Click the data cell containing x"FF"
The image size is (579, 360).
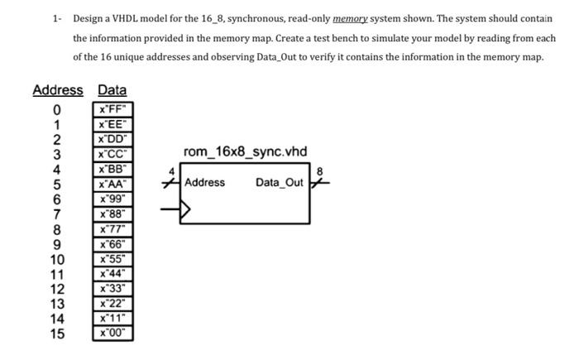pyautogui.click(x=112, y=108)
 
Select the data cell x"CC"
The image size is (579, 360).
pyautogui.click(x=112, y=153)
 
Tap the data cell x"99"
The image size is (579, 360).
pyautogui.click(x=112, y=199)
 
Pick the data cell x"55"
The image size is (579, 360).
pyautogui.click(x=112, y=259)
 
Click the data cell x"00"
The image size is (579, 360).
pyautogui.click(x=112, y=334)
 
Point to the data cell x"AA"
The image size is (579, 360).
pyautogui.click(x=112, y=184)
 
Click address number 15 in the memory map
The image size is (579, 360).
pyautogui.click(x=57, y=334)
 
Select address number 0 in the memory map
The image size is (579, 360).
pyautogui.click(x=57, y=108)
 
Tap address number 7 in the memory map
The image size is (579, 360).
pyautogui.click(x=57, y=214)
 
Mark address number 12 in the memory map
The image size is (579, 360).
pyautogui.click(x=57, y=289)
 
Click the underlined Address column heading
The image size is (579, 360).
pyautogui.click(x=58, y=90)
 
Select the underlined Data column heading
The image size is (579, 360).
pyautogui.click(x=112, y=90)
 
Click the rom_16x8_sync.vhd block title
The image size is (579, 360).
pyautogui.click(x=245, y=151)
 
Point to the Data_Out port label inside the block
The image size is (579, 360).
pyautogui.click(x=280, y=182)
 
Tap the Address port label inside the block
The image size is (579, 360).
pyautogui.click(x=205, y=182)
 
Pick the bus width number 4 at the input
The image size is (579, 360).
pyautogui.click(x=172, y=171)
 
